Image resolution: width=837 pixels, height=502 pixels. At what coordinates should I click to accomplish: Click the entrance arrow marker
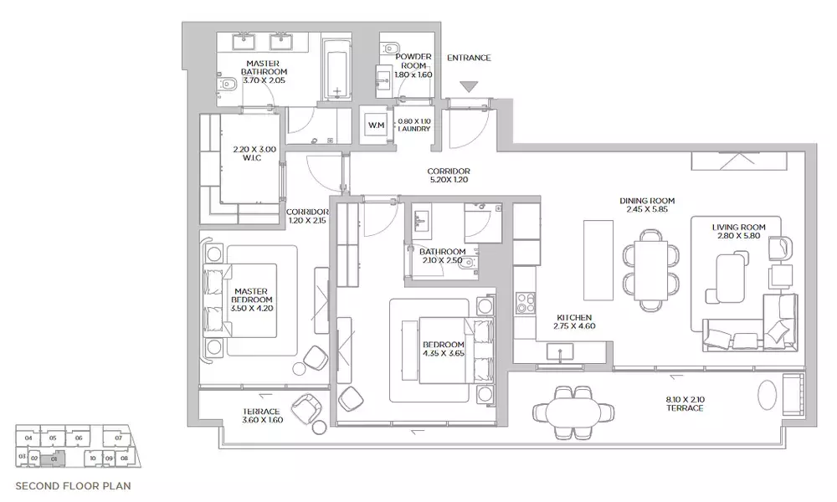[x=469, y=85]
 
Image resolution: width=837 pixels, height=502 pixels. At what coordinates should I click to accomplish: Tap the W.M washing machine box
[x=375, y=125]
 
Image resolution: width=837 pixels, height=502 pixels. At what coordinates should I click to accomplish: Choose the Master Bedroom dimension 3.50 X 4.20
[x=252, y=308]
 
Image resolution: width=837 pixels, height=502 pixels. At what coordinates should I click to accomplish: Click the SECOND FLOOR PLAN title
[x=73, y=484]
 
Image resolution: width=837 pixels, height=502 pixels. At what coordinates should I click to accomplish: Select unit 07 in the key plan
[x=119, y=438]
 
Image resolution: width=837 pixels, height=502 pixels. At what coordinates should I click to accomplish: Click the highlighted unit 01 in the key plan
[x=54, y=458]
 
